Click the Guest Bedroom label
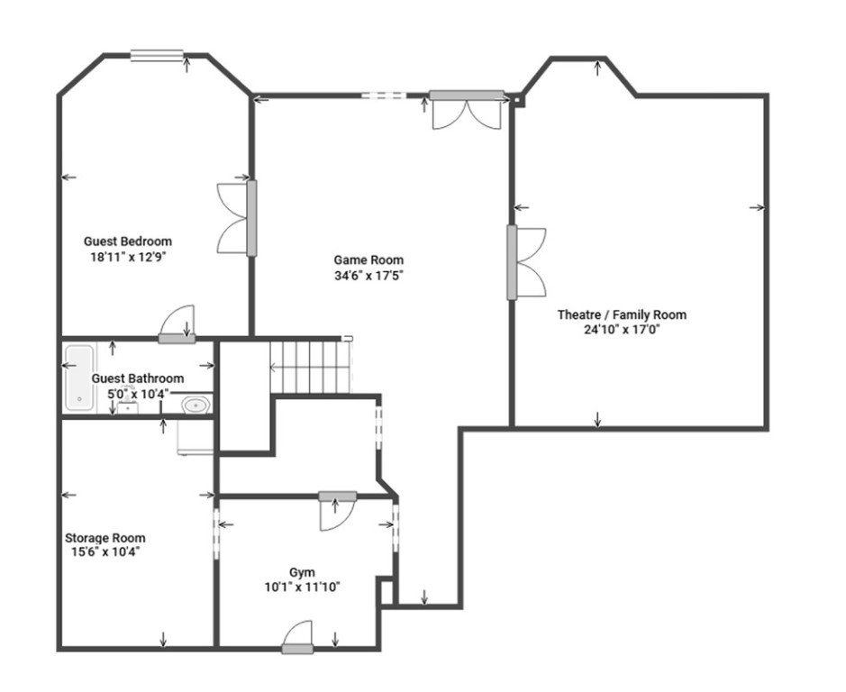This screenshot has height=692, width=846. pos(128,241)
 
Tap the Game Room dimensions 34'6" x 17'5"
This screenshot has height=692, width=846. pos(369,276)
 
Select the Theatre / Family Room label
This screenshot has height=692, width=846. pos(622,314)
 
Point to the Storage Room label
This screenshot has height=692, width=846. pos(105,538)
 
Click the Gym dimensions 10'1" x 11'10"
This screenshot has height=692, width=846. pos(302,587)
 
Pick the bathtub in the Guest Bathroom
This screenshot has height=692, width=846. pos(78,378)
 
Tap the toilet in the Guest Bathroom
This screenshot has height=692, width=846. pos(196,405)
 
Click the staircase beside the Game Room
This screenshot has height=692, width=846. pos(310,368)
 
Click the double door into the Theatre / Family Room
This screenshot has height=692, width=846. pos(526,262)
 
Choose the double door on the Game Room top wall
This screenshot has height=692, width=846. pos(467,110)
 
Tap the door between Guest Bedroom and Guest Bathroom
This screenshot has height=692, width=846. pos(177,324)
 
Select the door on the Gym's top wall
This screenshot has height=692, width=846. pos(337,511)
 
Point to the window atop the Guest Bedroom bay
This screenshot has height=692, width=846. pos(157,55)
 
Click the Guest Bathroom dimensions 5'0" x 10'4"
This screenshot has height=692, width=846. pos(139,394)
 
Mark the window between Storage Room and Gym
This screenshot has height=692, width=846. pos(216,533)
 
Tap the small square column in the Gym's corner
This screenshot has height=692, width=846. pos(387,592)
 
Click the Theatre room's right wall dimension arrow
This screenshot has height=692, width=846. pos(757,207)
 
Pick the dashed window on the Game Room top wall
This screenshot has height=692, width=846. pos(384,96)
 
